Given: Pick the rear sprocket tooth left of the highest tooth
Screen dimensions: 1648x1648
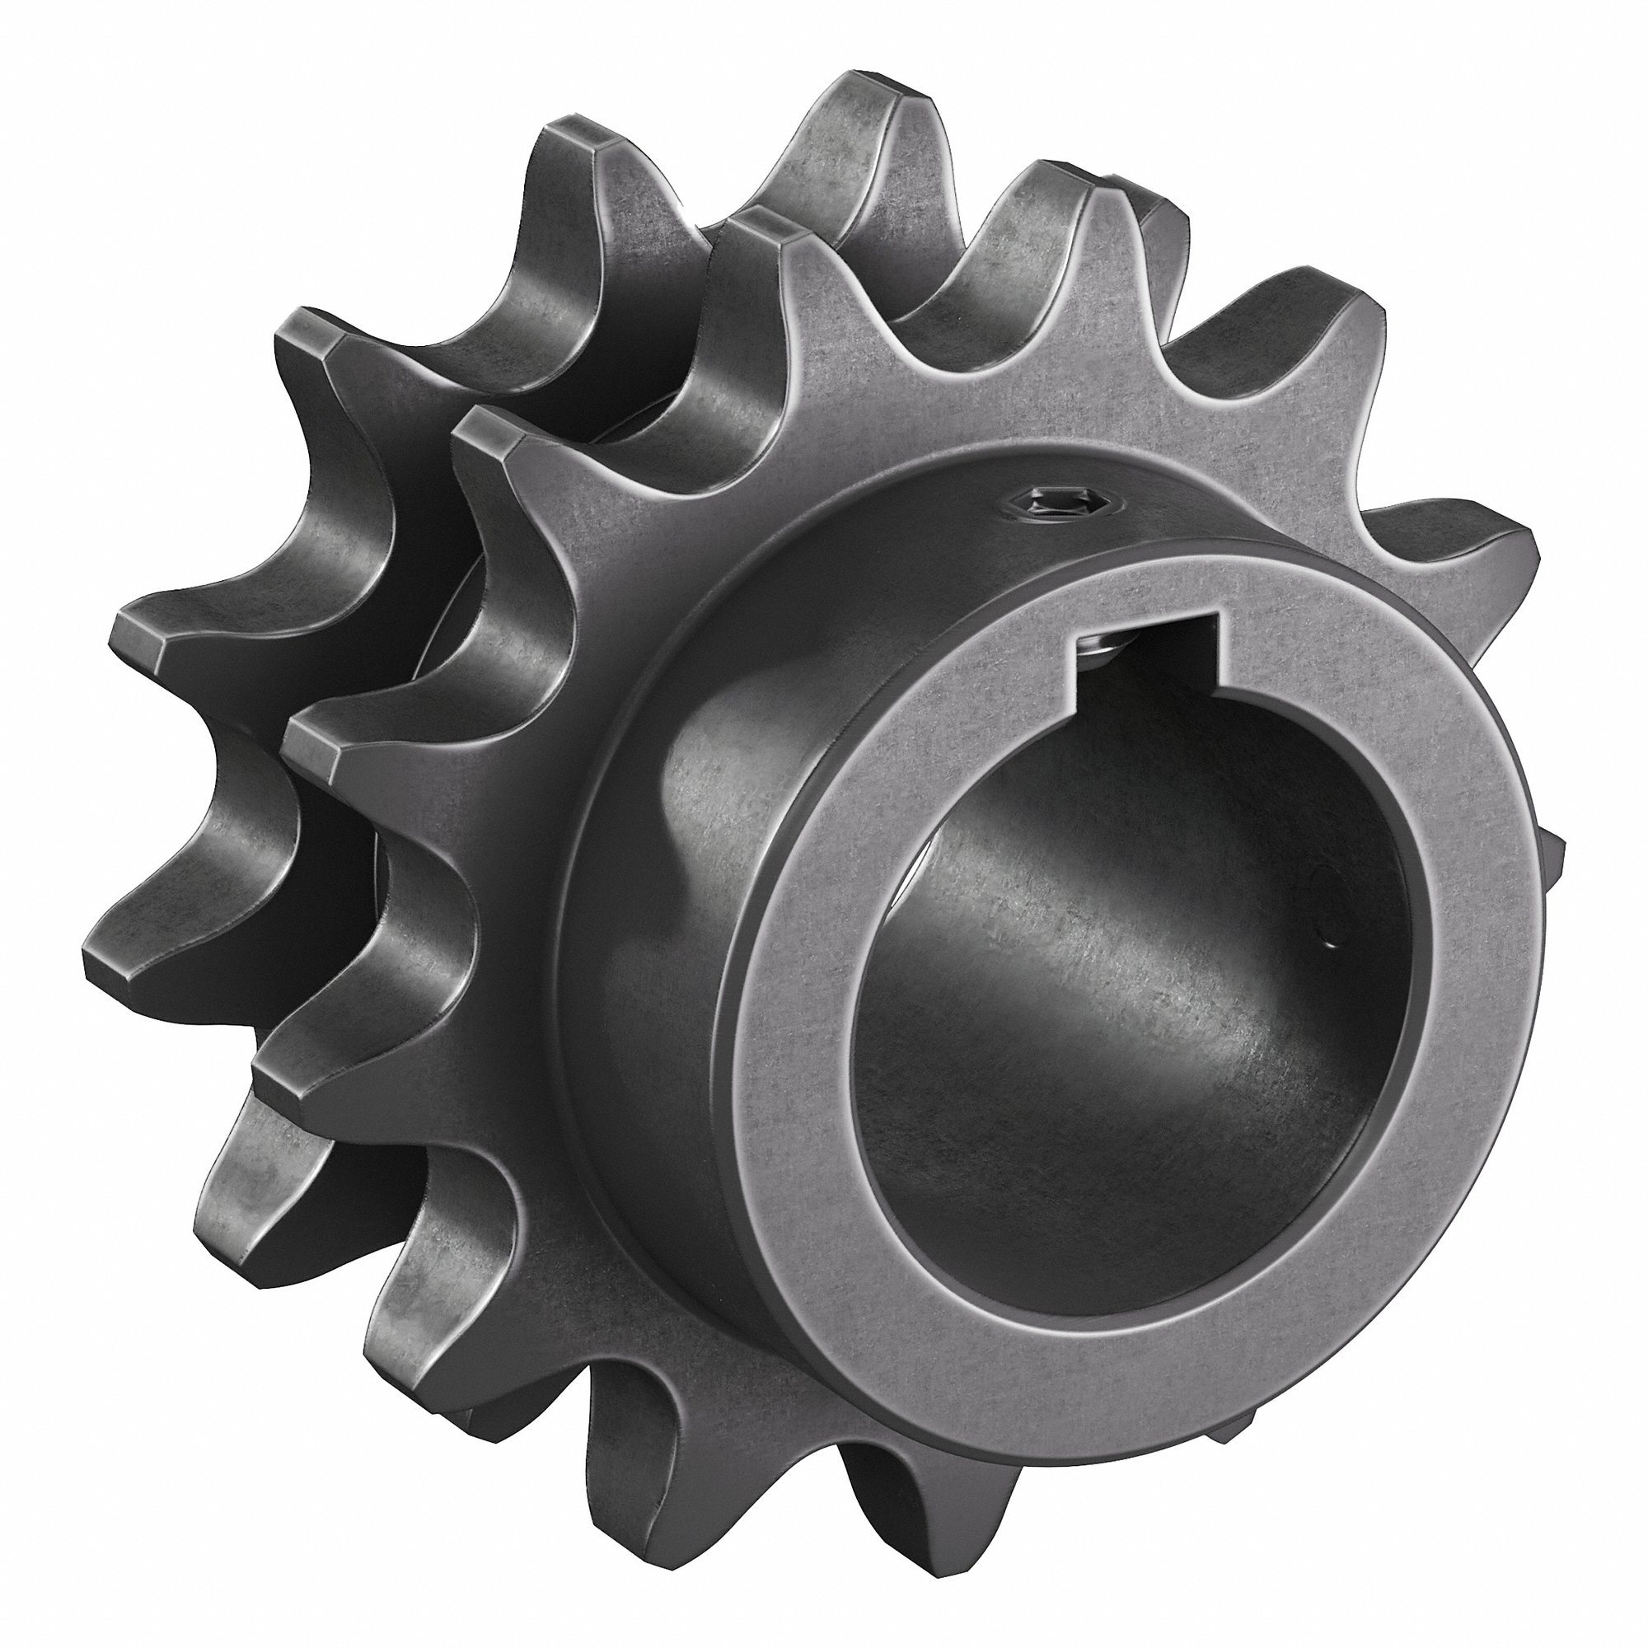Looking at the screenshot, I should point(588,145).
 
